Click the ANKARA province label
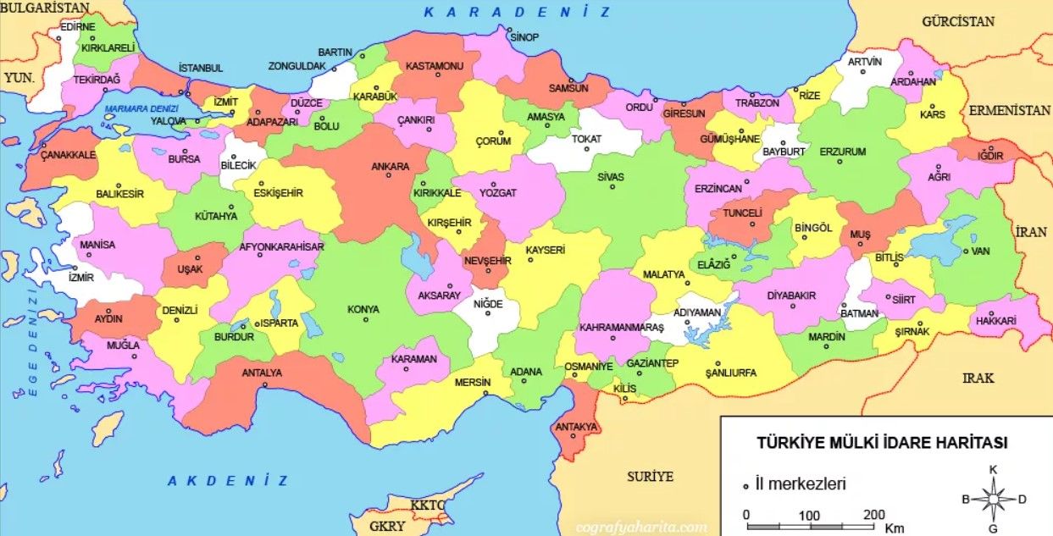pos(390,166)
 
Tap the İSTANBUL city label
pos(201,68)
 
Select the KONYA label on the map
pos(363,310)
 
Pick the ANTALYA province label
pos(262,373)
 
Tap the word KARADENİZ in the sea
pos(517,12)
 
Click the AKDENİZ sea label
pos(228,481)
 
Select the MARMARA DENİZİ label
pos(141,108)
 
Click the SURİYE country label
pos(650,477)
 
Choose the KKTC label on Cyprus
pos(427,506)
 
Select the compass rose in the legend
pos(993,499)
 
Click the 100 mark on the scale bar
pos(809,515)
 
